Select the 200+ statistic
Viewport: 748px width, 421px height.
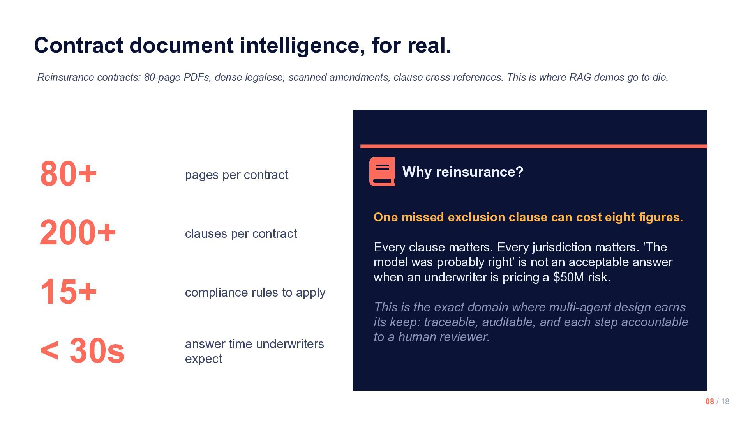(x=78, y=233)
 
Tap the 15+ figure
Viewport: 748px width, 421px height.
(x=68, y=292)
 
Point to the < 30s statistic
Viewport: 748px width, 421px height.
(x=82, y=350)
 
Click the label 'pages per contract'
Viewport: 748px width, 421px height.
(x=236, y=175)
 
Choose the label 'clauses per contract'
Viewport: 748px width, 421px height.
(x=241, y=233)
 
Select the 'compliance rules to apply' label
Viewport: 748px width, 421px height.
(x=255, y=292)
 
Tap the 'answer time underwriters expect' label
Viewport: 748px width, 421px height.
(x=254, y=351)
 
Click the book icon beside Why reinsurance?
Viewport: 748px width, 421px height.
(x=382, y=172)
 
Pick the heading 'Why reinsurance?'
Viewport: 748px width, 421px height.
(x=462, y=172)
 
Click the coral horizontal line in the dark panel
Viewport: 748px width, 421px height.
(x=533, y=146)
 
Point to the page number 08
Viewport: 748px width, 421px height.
(x=709, y=402)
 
